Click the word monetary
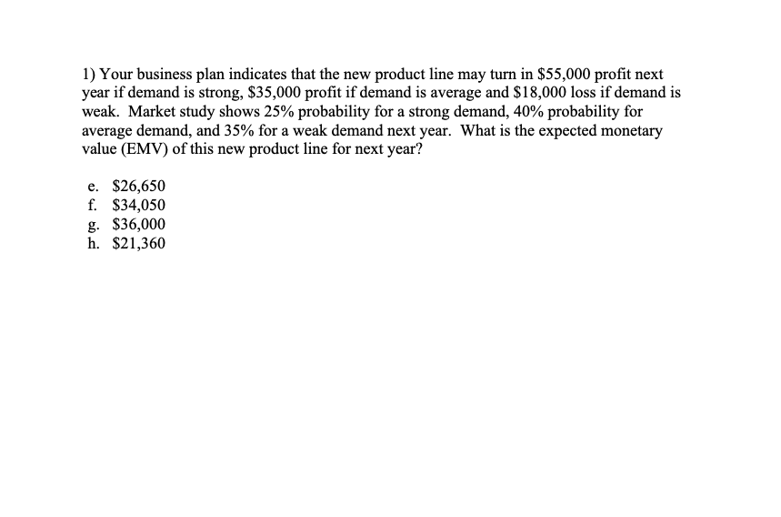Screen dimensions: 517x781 click(x=631, y=130)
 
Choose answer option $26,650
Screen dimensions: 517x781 click(x=138, y=186)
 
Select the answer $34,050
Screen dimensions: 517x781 click(x=138, y=205)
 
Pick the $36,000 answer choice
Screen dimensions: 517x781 click(x=138, y=224)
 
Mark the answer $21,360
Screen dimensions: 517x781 click(x=138, y=243)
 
